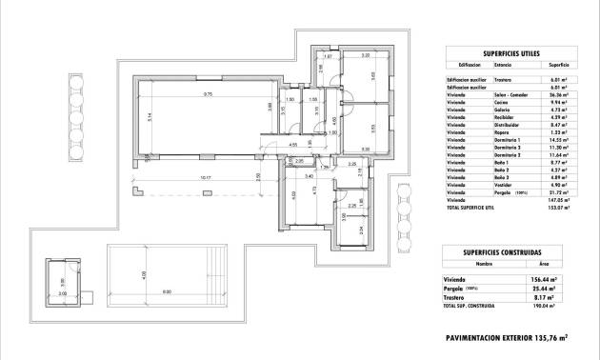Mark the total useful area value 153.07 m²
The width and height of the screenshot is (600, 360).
coord(558,208)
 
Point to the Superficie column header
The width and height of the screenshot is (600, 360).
coord(558,66)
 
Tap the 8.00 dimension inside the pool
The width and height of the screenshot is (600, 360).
coord(167,291)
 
